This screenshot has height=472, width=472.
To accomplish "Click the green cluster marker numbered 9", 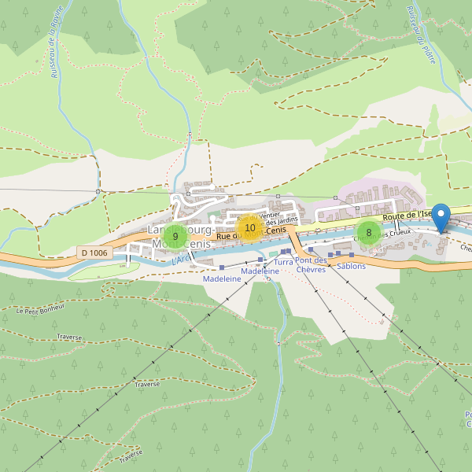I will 175,236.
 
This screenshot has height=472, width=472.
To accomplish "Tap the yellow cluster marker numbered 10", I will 250,229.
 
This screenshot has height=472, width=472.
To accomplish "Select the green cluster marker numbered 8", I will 368,232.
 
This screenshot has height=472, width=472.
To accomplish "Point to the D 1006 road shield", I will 94,253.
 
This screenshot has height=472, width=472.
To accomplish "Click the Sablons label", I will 351,266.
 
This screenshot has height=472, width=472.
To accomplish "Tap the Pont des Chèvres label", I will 311,265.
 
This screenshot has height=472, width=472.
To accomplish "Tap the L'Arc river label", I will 180,258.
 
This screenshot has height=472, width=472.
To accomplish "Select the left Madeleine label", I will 222,278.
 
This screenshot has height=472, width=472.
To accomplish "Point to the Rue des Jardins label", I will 282,220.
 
